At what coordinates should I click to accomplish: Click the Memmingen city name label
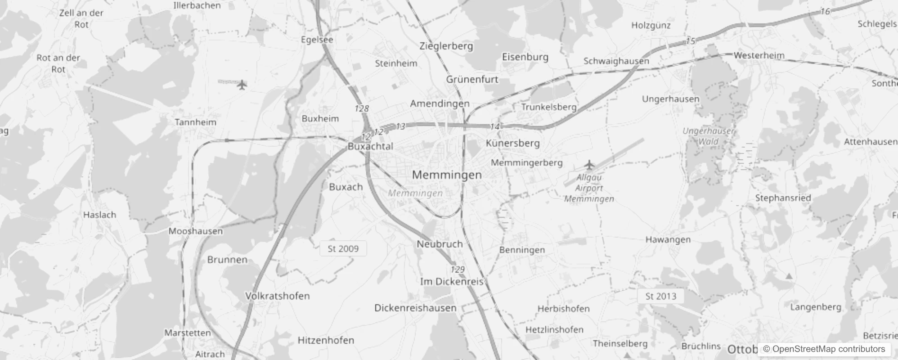(447, 175)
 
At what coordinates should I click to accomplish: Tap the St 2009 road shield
(343, 248)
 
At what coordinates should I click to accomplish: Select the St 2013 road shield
(660, 296)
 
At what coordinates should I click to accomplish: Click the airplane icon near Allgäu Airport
(589, 165)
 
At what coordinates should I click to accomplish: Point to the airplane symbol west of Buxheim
(242, 85)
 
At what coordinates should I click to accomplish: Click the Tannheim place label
(195, 122)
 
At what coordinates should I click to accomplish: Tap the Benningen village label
(522, 250)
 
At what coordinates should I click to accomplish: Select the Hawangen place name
(668, 240)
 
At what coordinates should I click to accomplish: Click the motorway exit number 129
(458, 270)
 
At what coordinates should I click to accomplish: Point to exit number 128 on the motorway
(361, 108)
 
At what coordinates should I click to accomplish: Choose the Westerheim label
(759, 55)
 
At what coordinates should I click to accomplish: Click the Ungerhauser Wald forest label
(708, 136)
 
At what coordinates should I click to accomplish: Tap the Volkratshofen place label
(277, 296)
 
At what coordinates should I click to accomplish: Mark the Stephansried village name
(783, 198)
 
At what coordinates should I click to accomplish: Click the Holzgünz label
(651, 26)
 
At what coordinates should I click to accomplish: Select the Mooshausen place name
(195, 231)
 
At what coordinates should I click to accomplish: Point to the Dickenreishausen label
(415, 308)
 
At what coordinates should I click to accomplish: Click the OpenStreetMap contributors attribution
(824, 349)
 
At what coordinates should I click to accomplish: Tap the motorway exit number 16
(825, 12)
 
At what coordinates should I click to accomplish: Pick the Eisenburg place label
(525, 57)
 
